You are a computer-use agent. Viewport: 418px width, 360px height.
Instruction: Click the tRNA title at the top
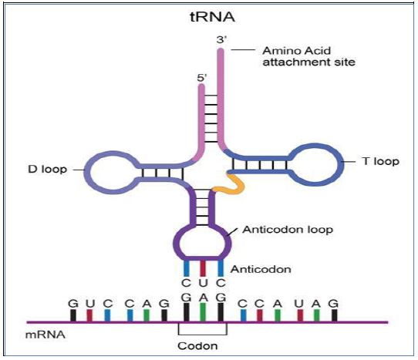pyautogui.click(x=212, y=17)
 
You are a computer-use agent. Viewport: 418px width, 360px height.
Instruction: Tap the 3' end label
pyautogui.click(x=221, y=40)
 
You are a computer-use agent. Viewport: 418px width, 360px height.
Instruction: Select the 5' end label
pyautogui.click(x=202, y=78)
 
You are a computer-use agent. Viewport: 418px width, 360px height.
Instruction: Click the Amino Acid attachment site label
pyautogui.click(x=308, y=56)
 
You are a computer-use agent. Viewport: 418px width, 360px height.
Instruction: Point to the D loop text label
pyautogui.click(x=47, y=170)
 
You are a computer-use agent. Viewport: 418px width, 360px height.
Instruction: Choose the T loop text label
pyautogui.click(x=380, y=161)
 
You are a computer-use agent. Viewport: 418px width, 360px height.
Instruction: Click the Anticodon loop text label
pyautogui.click(x=288, y=230)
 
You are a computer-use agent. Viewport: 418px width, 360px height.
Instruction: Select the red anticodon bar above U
pyautogui.click(x=203, y=268)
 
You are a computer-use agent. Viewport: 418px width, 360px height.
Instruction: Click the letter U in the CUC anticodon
pyautogui.click(x=203, y=283)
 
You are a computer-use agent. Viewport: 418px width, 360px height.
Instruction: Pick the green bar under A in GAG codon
pyautogui.click(x=203, y=312)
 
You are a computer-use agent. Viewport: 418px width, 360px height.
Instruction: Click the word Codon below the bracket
pyautogui.click(x=197, y=346)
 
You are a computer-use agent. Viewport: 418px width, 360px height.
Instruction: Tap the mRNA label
pyautogui.click(x=46, y=335)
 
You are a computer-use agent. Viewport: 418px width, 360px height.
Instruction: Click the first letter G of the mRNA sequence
pyautogui.click(x=73, y=304)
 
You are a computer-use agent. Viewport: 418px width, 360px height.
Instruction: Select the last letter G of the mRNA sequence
pyautogui.click(x=333, y=304)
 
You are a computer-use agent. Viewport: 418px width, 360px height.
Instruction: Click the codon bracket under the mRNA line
pyautogui.click(x=203, y=335)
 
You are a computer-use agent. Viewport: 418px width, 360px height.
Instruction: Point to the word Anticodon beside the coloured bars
pyautogui.click(x=261, y=269)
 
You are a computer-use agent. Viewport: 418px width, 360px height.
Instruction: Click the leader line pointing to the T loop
pyautogui.click(x=348, y=162)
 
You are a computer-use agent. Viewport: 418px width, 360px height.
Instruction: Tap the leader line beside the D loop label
pyautogui.click(x=79, y=170)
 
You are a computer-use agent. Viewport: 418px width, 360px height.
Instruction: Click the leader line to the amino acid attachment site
pyautogui.click(x=243, y=49)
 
